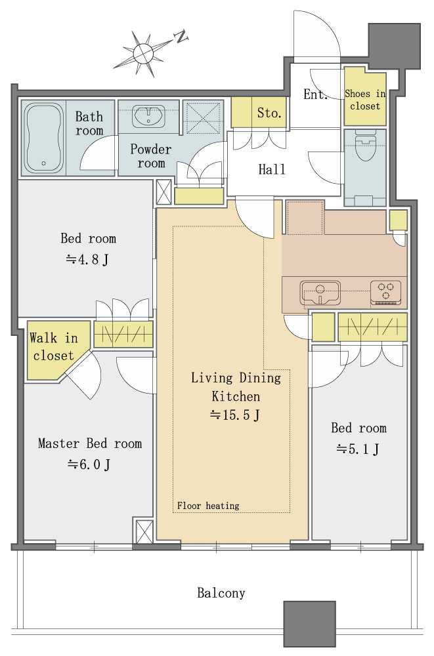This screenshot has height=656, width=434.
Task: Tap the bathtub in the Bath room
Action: [x=43, y=138]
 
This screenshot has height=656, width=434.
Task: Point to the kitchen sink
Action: [x=320, y=292]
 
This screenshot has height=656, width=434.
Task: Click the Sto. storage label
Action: [x=269, y=113]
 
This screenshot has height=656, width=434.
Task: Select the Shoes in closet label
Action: [x=365, y=100]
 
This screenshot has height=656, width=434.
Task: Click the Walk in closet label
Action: [x=54, y=346]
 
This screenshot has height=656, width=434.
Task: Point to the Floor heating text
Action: [x=208, y=505]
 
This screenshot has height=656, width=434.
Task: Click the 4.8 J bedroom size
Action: [x=87, y=260]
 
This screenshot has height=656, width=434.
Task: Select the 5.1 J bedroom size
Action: [x=358, y=449]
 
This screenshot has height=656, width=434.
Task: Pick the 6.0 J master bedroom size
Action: [x=89, y=464]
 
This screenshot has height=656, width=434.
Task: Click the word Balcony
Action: [x=221, y=593]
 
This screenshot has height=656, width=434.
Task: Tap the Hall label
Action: [x=272, y=169]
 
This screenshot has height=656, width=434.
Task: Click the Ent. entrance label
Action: [x=315, y=94]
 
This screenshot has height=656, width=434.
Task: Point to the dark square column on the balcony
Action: [x=310, y=625]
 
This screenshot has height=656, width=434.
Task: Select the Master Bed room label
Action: [x=90, y=443]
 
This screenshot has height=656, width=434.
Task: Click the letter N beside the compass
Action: [x=181, y=37]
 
